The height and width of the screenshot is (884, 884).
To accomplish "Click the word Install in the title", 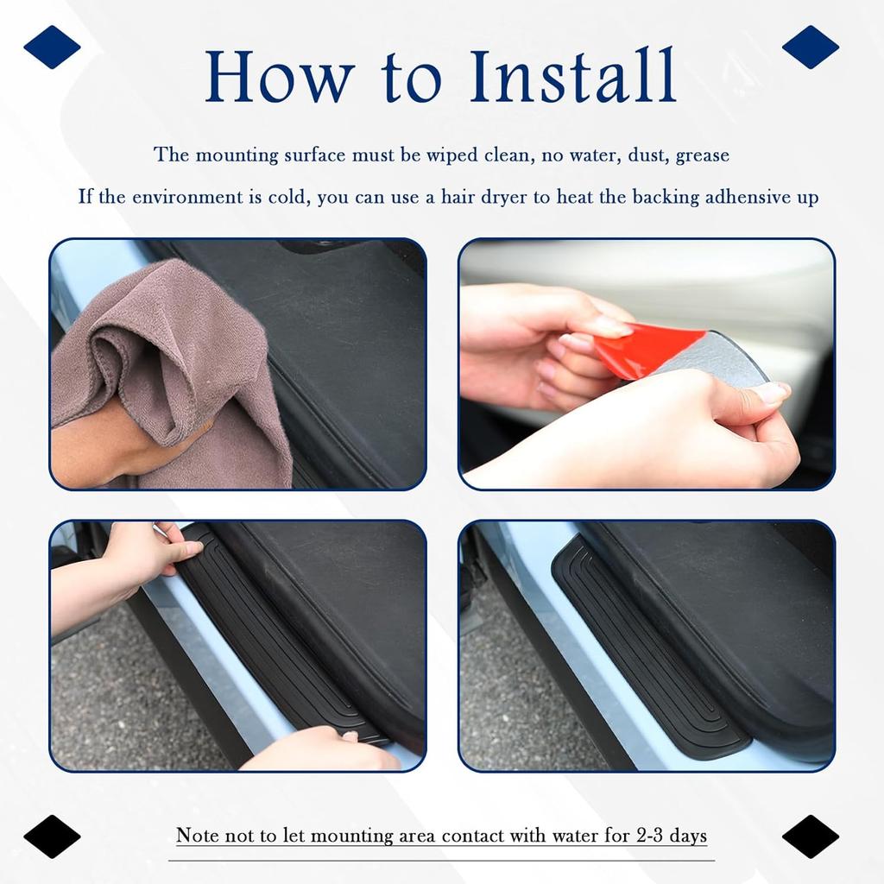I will (x=570, y=77).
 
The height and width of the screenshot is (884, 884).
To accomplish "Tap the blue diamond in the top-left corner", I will (x=52, y=47).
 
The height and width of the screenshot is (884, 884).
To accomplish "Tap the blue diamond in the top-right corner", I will (x=810, y=47).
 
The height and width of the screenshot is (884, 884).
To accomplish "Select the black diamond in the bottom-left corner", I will (x=52, y=836).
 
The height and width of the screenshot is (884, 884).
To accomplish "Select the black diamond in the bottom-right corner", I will (x=810, y=836).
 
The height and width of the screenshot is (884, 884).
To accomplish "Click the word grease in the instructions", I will (x=702, y=155).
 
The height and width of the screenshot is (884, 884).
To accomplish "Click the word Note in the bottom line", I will (x=196, y=836).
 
